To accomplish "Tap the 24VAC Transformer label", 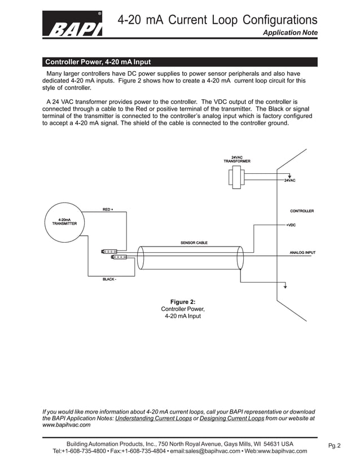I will click(x=237, y=159).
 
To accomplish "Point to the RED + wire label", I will click(x=108, y=210).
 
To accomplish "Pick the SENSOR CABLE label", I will click(x=194, y=243).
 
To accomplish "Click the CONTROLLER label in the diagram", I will click(x=301, y=211).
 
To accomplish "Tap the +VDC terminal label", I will click(x=291, y=225).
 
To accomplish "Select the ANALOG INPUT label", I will click(x=302, y=252).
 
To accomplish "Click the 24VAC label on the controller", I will click(x=289, y=180).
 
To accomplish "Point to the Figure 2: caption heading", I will click(x=183, y=302).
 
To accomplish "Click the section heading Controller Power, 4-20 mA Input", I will click(x=98, y=62).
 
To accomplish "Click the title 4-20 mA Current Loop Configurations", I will click(x=217, y=21).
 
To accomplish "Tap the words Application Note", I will click(x=291, y=33).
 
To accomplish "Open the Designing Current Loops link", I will click(x=232, y=419).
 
